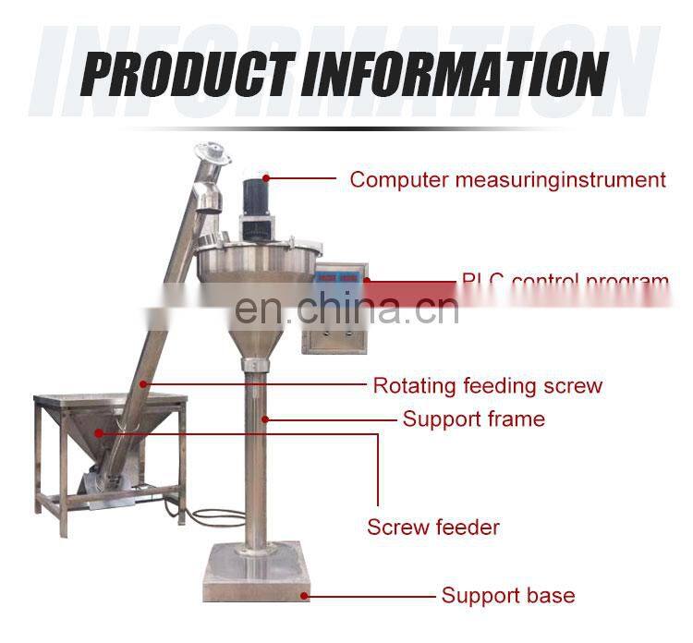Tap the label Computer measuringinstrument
pos(507,179)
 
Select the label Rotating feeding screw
pos(487,385)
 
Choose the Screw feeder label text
pos(433,528)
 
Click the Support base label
pos(507,596)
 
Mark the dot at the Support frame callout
pos(265,419)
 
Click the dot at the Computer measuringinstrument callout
pos(266,177)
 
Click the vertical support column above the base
pos(253,462)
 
